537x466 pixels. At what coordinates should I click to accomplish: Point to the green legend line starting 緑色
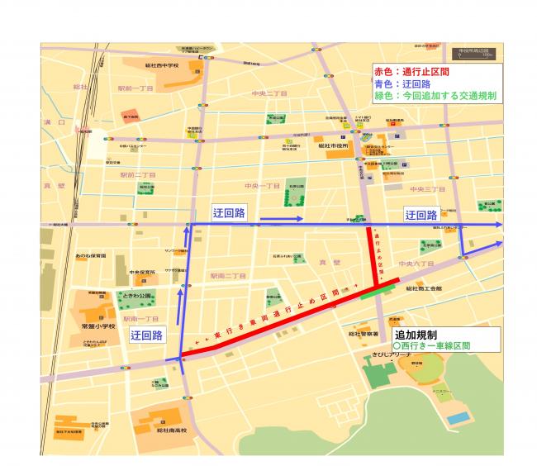tap(435, 96)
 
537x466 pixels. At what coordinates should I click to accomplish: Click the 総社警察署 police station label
tap(364, 334)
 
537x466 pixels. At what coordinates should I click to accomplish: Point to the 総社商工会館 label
tap(423, 290)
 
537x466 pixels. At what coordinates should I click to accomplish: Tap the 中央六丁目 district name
tap(416, 264)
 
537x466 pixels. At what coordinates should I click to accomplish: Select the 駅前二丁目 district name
tap(137, 175)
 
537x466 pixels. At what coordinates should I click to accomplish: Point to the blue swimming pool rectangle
tap(457, 419)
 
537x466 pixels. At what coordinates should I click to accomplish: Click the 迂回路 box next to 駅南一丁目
tap(146, 335)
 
